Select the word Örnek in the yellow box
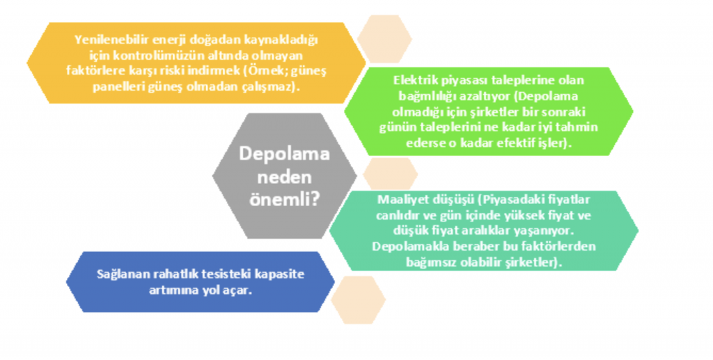tap(266, 71)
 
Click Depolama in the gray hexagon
tap(284, 154)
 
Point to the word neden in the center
tap(284, 176)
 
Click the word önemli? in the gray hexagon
tap(284, 200)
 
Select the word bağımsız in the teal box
tap(430, 263)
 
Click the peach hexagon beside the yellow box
tap(384, 39)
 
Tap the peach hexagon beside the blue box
tap(359, 299)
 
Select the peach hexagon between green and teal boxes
tap(390, 173)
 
